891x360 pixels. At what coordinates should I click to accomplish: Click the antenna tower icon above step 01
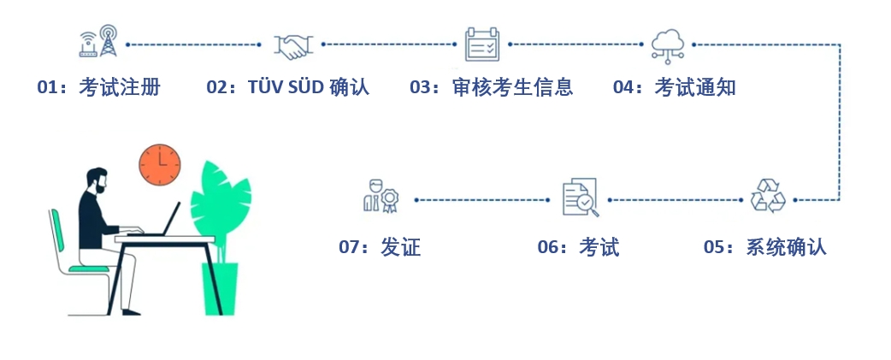coord(97,43)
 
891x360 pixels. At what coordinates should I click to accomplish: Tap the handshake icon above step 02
coord(292,45)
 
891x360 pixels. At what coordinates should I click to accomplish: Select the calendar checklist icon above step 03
coord(482,44)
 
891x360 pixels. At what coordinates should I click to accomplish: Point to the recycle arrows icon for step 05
coord(767,196)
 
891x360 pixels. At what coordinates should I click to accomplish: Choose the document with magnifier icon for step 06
coord(580,198)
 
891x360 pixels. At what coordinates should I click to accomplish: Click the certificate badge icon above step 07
coord(381,196)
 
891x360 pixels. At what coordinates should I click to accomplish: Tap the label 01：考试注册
coord(98,87)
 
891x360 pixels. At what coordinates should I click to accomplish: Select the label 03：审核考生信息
coord(491,87)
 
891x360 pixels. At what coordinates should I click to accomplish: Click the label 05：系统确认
coord(764,247)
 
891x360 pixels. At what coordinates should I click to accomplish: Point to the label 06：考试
coord(578,247)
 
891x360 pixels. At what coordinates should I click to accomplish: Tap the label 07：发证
coord(380,247)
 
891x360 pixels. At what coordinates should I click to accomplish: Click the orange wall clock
coord(160,163)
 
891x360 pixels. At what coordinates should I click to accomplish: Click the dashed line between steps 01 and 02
coord(193,44)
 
